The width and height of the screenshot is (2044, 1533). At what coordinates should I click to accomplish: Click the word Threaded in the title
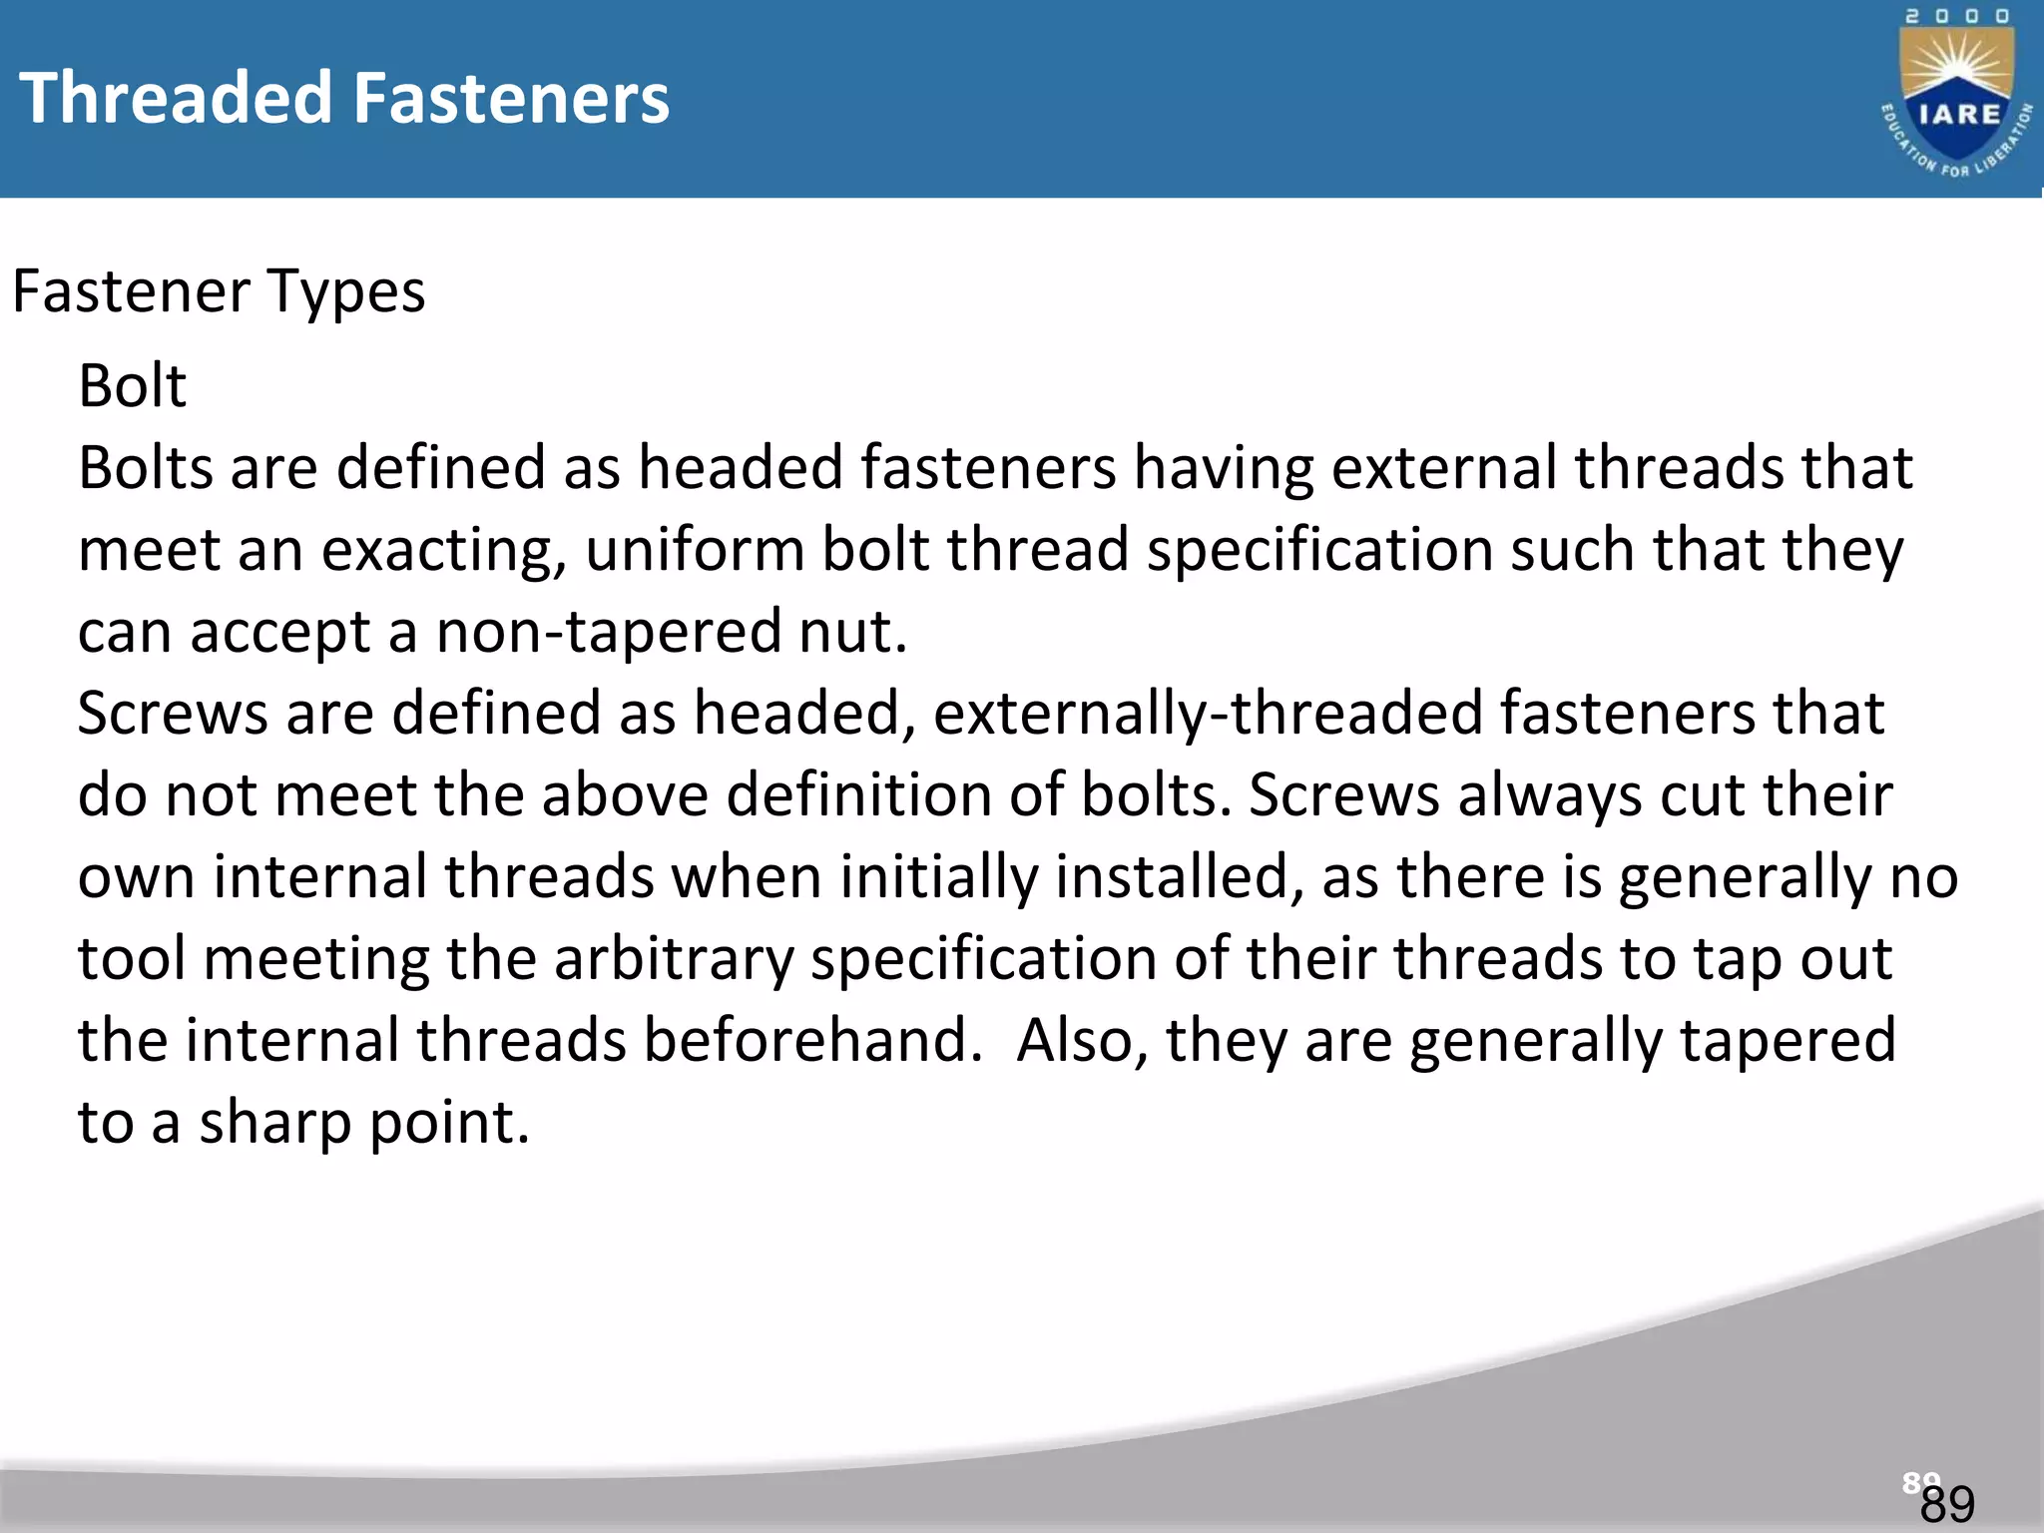176,98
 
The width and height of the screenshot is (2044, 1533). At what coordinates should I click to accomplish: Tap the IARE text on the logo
1959,114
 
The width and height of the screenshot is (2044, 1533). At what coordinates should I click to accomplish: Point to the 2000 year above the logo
1958,17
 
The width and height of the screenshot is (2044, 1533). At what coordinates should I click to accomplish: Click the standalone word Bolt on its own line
132,386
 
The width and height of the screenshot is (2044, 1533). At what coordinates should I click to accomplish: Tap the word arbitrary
674,960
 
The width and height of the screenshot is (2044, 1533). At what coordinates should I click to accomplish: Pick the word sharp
275,1124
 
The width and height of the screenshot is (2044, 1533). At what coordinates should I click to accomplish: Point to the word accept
280,633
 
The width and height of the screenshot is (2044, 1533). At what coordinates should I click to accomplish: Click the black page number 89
1947,1504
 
